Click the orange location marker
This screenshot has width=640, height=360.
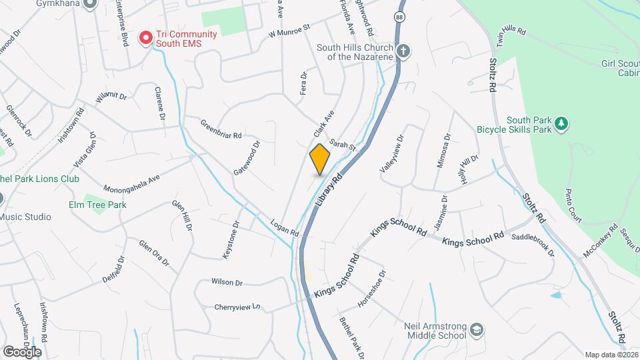pos(320,159)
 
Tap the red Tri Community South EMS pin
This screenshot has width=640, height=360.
pos(144,39)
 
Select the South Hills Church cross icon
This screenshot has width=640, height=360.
pos(403,51)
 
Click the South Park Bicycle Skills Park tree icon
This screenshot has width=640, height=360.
pos(562,123)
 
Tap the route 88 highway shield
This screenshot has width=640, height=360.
pos(399,18)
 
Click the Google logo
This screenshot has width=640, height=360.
pos(22,351)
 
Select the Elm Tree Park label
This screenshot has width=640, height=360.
pos(97,205)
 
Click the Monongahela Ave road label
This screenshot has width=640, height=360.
pos(133,180)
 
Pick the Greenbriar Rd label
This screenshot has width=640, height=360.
pos(221,129)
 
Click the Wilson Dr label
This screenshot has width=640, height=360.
pos(227,282)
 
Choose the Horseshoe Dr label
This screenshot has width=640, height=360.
pos(372,289)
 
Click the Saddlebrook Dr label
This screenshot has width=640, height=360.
pos(533,245)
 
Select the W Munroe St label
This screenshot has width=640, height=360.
pos(290,30)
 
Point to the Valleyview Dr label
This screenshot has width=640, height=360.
pos(391,155)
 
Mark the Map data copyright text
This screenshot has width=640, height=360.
pos(612,354)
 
